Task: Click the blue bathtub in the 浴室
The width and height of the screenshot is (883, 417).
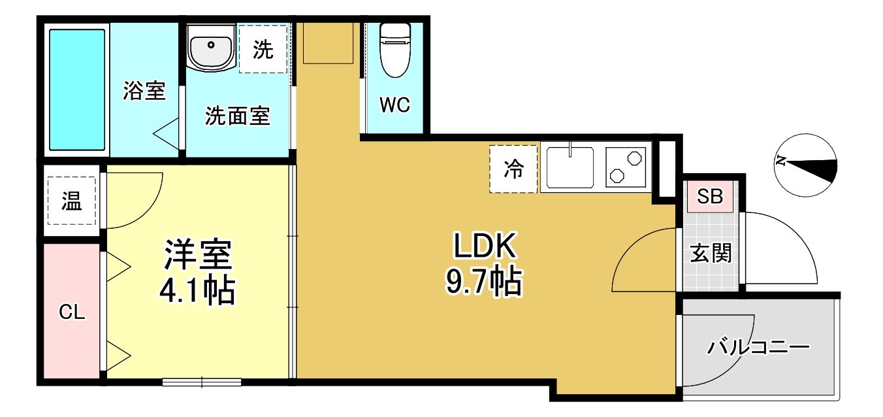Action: pyautogui.click(x=77, y=90)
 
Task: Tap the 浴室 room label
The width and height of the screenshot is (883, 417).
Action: pyautogui.click(x=144, y=91)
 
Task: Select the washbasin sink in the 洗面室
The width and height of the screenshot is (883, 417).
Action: pyautogui.click(x=210, y=47)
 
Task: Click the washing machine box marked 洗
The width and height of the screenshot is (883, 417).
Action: pyautogui.click(x=263, y=49)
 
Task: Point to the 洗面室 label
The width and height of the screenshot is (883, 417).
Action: pyautogui.click(x=237, y=116)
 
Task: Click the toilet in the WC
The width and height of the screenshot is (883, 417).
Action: pyautogui.click(x=394, y=51)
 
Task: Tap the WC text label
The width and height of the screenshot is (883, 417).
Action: pyautogui.click(x=395, y=105)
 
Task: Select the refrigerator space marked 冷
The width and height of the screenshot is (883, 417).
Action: pyautogui.click(x=513, y=169)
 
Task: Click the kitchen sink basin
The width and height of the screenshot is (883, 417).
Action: pyautogui.click(x=570, y=167)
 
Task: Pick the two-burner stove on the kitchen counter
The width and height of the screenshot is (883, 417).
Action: pyautogui.click(x=626, y=167)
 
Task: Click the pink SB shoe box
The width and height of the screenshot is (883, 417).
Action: pyautogui.click(x=710, y=197)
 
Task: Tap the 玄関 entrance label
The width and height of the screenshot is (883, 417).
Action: pyautogui.click(x=711, y=253)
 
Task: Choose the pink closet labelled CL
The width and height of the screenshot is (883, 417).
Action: pyautogui.click(x=72, y=312)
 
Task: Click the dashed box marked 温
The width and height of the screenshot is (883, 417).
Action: pyautogui.click(x=71, y=202)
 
